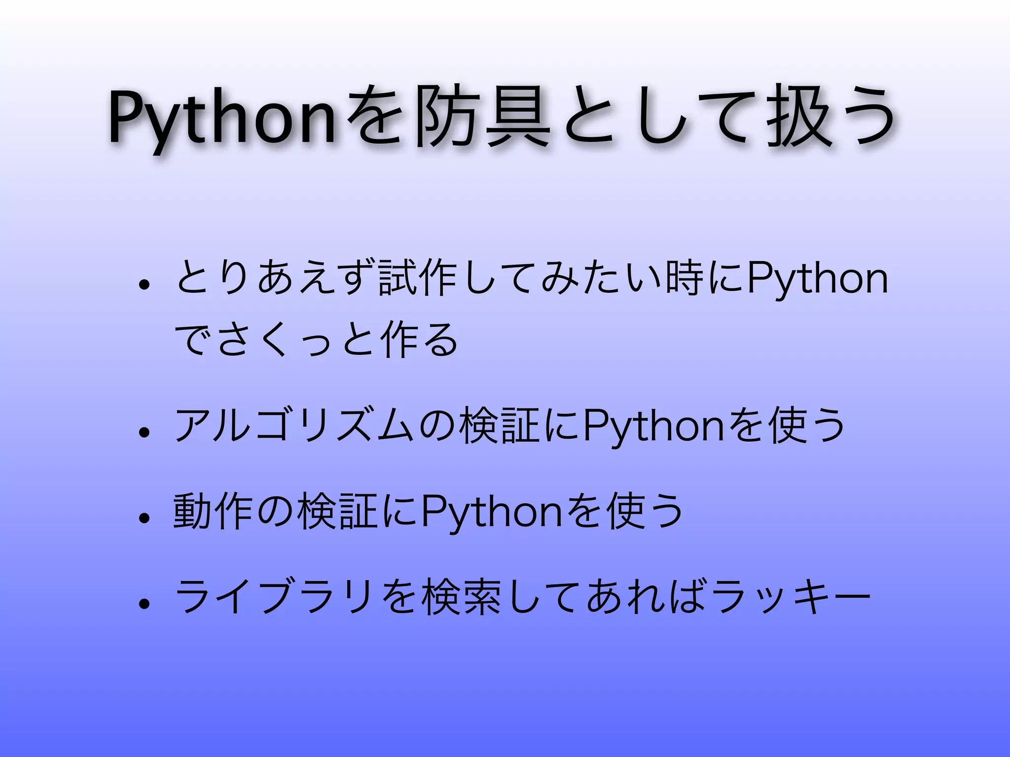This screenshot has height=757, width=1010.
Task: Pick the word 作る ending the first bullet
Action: pyautogui.click(x=419, y=340)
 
